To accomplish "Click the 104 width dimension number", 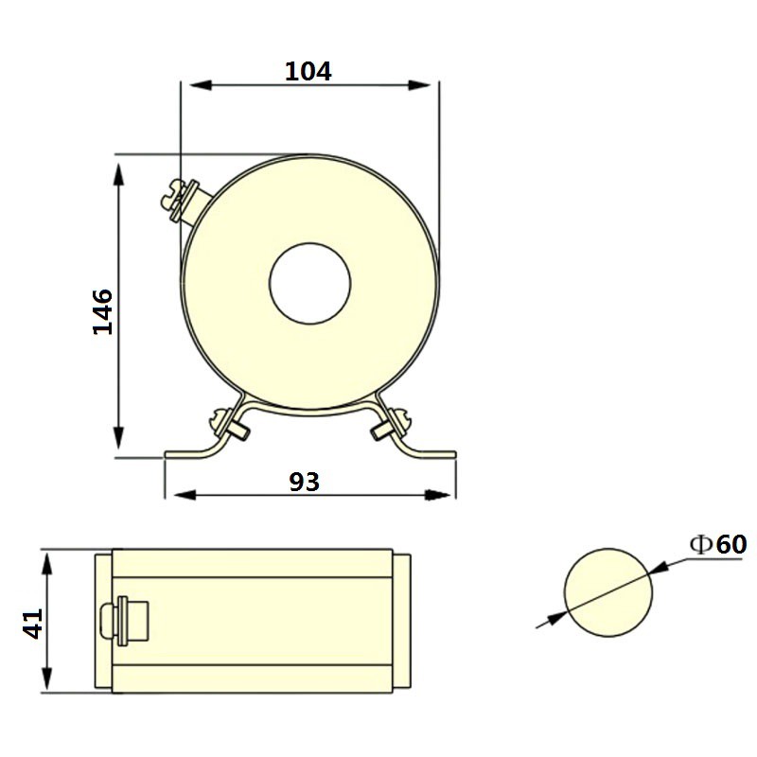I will pos(308,71).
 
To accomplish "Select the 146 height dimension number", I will pos(102,311).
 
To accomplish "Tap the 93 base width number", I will pos(305,482).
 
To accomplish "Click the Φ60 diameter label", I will pos(718,544).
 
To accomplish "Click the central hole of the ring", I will pos(310,283).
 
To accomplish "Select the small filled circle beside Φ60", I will pos(608,593).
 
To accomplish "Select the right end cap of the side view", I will pos(402,622).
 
